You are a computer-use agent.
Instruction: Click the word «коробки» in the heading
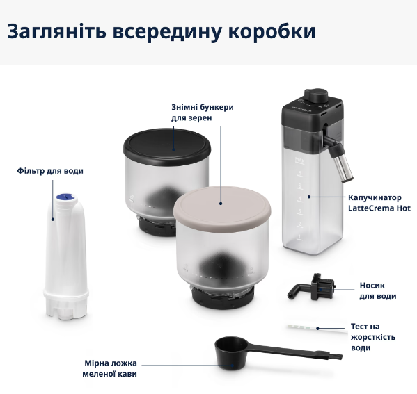click(272, 31)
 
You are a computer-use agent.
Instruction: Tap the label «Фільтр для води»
click(50, 171)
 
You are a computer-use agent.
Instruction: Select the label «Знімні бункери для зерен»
click(203, 113)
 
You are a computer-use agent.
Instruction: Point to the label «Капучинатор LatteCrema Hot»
click(379, 203)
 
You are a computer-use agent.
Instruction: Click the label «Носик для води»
click(377, 290)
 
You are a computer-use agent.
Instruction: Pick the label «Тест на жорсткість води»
click(373, 337)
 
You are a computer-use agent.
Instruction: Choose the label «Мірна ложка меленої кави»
click(109, 368)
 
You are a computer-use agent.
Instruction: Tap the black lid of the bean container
click(167, 145)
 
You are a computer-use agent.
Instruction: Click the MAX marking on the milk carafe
click(300, 161)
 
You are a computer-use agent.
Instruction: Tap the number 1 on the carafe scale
click(299, 236)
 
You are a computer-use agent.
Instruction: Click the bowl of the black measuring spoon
click(230, 354)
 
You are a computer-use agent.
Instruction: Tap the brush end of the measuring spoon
click(335, 356)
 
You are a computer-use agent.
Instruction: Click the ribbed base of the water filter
click(66, 305)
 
